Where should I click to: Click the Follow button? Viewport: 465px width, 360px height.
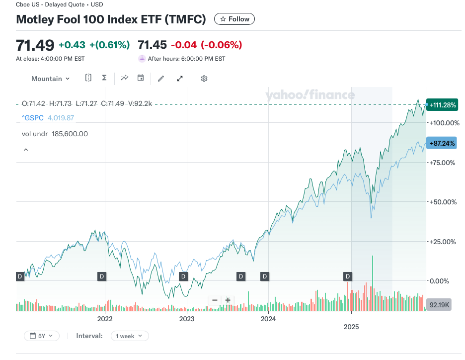point(234,19)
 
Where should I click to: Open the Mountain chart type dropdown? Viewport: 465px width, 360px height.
point(50,79)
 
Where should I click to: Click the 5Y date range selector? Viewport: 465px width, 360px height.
point(42,336)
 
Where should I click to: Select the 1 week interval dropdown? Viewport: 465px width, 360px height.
point(129,336)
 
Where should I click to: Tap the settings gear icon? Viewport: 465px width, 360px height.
point(204,79)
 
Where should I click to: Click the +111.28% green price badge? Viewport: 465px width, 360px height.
point(443,105)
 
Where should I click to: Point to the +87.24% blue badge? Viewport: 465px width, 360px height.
point(441,143)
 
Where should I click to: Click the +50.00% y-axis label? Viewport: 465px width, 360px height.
point(442,202)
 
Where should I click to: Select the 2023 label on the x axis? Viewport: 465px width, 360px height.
point(186,319)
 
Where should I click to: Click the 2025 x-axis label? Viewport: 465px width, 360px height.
point(351,327)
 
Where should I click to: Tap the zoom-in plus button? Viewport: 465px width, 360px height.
point(228,300)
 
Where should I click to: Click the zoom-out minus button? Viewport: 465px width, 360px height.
point(215,300)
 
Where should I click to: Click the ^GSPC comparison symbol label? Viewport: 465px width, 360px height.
point(32,118)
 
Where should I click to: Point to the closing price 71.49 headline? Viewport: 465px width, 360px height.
point(35,45)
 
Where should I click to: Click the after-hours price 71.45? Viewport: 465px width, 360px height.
point(152,45)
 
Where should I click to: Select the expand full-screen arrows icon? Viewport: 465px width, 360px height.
point(180,79)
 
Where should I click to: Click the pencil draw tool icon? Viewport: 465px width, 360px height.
point(160,79)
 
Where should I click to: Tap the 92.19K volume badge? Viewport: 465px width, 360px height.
point(439,304)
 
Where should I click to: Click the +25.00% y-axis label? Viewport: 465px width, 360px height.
point(442,242)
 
